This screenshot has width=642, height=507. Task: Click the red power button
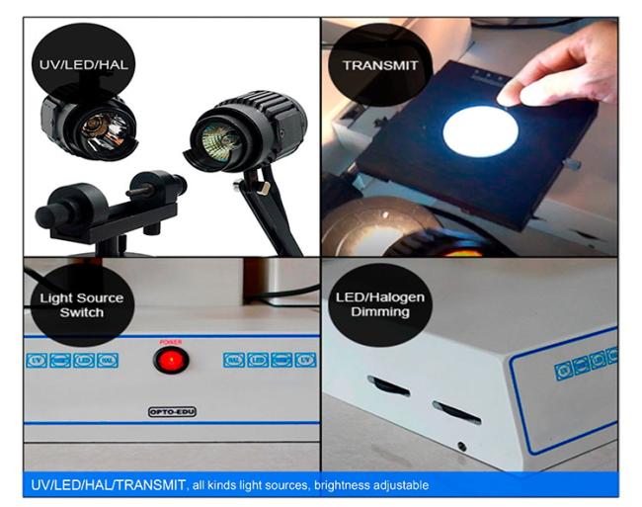171,361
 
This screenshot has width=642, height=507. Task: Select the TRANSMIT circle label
380,66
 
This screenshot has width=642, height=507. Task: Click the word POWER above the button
171,341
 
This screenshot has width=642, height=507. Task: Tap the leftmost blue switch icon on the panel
37,361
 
